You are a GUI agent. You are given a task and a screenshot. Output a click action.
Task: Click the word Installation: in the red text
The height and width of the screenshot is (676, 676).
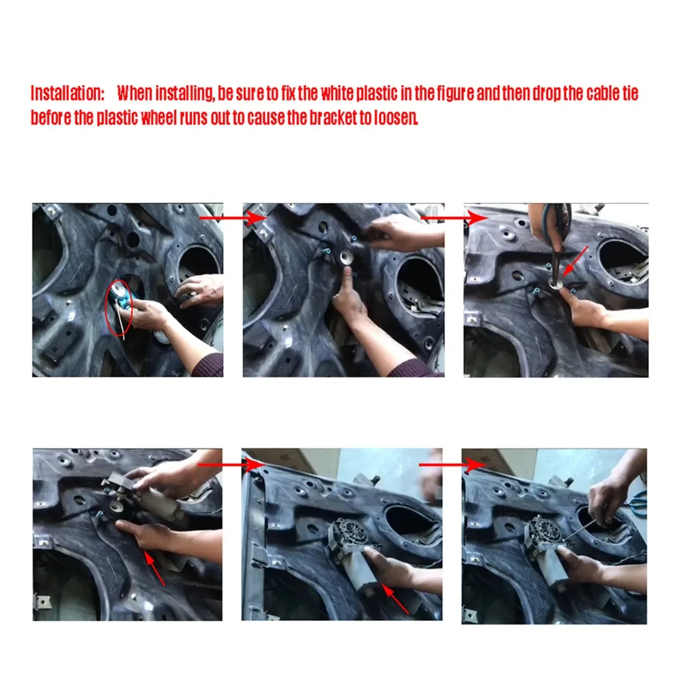tap(68, 93)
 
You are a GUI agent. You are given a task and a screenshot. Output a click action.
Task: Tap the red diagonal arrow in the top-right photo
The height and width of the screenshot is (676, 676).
tap(575, 262)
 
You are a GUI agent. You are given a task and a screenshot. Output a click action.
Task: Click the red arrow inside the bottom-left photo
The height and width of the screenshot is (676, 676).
tap(154, 569)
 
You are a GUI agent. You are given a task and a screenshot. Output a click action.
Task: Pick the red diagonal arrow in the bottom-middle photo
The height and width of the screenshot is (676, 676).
tap(395, 598)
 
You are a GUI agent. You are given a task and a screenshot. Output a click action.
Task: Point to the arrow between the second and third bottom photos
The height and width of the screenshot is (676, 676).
tap(452, 465)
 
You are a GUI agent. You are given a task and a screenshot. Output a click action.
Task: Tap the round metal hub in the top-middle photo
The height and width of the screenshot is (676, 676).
tap(346, 258)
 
